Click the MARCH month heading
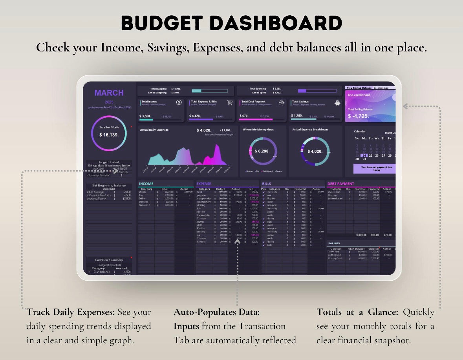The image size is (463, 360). [109, 93]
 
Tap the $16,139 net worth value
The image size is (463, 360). [109, 135]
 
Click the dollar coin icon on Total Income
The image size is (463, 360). [179, 102]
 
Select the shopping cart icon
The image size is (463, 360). [230, 102]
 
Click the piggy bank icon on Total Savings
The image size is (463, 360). [337, 102]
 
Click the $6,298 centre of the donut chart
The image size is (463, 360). [262, 151]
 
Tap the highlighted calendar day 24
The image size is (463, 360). [364, 155]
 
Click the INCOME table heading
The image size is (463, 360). [146, 184]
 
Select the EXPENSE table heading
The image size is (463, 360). [204, 184]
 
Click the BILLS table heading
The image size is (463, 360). [266, 184]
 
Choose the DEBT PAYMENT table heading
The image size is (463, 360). [340, 184]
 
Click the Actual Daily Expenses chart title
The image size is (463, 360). [154, 130]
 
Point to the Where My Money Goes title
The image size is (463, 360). [258, 130]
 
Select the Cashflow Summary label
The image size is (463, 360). [109, 260]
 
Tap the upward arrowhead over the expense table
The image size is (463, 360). [237, 242]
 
